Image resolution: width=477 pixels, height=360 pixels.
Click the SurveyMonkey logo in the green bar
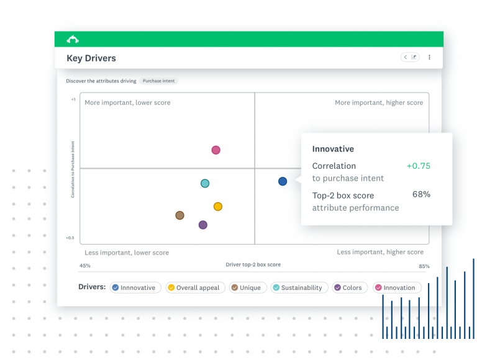73,40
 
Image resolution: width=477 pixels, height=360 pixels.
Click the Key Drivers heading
91,58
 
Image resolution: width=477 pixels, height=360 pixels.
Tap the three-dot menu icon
429,57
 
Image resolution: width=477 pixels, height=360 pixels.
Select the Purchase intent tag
160,81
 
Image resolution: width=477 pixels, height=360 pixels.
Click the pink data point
216,150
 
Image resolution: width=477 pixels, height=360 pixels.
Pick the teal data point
205,183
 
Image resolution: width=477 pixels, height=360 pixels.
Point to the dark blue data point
283,181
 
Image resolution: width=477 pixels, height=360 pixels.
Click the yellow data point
218,207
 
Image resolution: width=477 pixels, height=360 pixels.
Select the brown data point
179,215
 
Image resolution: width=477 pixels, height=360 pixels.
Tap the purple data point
202,225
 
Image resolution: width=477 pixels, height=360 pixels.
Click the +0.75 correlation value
418,166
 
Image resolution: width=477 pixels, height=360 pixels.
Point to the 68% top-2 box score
421,194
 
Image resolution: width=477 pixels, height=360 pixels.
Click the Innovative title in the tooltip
333,149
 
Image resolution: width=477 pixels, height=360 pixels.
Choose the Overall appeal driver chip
193,287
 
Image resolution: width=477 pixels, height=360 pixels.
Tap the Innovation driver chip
397,287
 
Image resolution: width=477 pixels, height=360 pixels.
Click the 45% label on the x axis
85,266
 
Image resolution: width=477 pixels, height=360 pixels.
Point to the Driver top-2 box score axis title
253,264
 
